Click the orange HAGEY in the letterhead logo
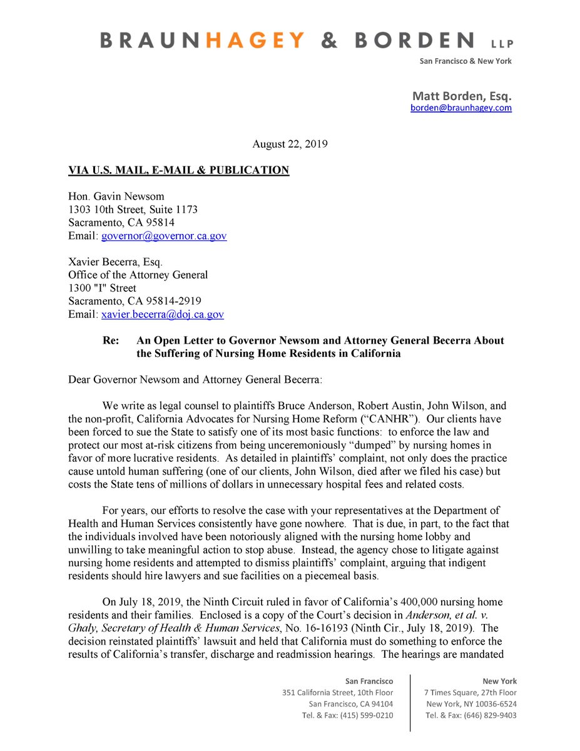click(x=257, y=41)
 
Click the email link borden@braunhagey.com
click(x=461, y=108)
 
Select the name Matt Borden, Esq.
click(x=462, y=96)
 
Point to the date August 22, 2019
click(x=290, y=144)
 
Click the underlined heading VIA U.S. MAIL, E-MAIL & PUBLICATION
click(x=179, y=170)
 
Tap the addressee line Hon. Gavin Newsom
click(x=109, y=197)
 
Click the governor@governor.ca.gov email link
click(x=164, y=236)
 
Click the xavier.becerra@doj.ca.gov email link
click(x=163, y=315)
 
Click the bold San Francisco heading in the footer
click(x=369, y=681)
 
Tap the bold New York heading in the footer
click(x=499, y=681)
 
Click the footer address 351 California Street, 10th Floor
click(x=338, y=692)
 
